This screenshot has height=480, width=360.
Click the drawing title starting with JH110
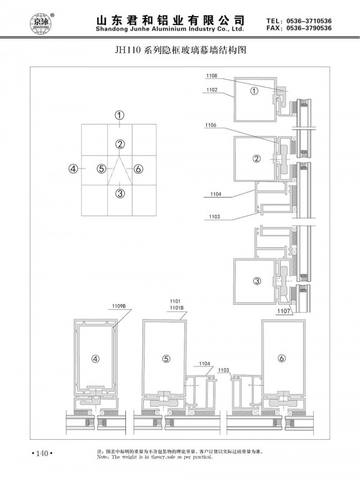tap(181, 52)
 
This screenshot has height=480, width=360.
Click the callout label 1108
tap(213, 76)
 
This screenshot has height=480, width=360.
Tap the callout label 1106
tap(211, 125)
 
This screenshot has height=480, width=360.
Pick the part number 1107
tap(284, 311)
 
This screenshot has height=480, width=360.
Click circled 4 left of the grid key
tap(73, 169)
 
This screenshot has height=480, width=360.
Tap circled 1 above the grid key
tap(120, 115)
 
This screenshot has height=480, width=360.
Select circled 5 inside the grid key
tap(102, 169)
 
